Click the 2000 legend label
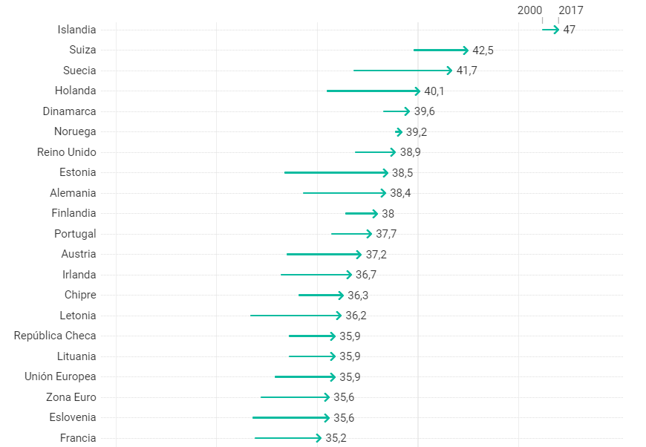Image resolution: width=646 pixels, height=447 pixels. click(529, 10)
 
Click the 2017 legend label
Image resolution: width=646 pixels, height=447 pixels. click(571, 10)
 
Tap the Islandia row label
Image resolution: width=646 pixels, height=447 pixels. click(76, 30)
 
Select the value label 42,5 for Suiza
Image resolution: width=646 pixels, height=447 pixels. click(483, 50)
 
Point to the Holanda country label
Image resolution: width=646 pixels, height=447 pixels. click(75, 91)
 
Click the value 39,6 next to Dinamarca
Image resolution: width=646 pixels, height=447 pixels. click(424, 111)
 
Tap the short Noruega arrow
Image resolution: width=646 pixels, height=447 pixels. click(399, 132)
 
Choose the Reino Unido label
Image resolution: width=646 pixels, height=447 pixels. click(67, 152)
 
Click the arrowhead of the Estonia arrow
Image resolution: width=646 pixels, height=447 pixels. click(385, 173)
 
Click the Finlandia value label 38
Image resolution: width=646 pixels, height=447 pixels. click(388, 214)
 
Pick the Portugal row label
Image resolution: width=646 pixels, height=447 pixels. click(75, 234)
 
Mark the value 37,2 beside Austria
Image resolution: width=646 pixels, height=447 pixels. click(376, 255)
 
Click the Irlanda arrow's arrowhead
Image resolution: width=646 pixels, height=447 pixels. click(349, 275)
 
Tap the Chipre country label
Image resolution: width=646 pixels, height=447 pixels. click(80, 295)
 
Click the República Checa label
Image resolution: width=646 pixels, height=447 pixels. click(55, 336)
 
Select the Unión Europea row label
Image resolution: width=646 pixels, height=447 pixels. click(60, 376)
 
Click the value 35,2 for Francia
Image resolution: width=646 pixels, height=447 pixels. click(336, 438)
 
